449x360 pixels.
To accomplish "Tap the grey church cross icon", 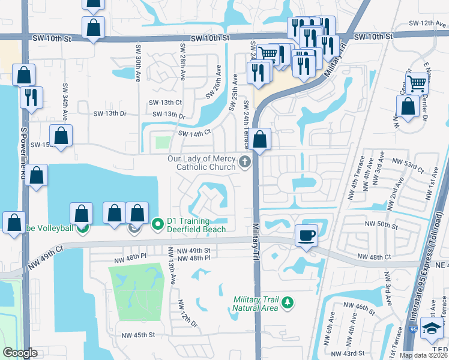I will (x=244, y=161).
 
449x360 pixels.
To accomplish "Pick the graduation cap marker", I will (x=431, y=327).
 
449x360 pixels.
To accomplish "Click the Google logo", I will (x=20, y=353).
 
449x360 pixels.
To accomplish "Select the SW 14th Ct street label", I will (x=194, y=133).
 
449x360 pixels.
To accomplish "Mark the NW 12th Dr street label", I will (x=188, y=314).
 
